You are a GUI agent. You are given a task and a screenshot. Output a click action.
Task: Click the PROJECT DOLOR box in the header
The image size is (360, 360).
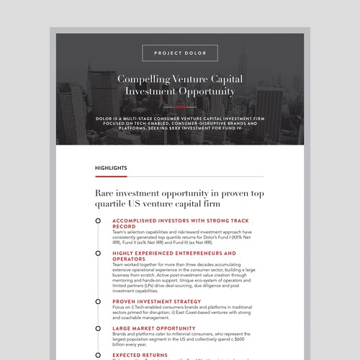tap(179, 52)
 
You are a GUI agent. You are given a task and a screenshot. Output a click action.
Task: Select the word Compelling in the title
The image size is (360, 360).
tap(143, 78)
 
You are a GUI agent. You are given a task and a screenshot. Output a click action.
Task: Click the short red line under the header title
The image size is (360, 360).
tap(179, 106)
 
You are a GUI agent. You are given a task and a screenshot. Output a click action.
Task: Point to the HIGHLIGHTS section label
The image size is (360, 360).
tap(111, 168)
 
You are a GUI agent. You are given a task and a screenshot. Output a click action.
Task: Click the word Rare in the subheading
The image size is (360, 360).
tap(106, 193)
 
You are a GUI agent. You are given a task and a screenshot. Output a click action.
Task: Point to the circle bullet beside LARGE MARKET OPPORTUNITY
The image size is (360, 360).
tap(99, 328)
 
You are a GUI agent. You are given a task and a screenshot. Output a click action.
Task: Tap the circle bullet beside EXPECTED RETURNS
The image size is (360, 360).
tap(99, 354)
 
